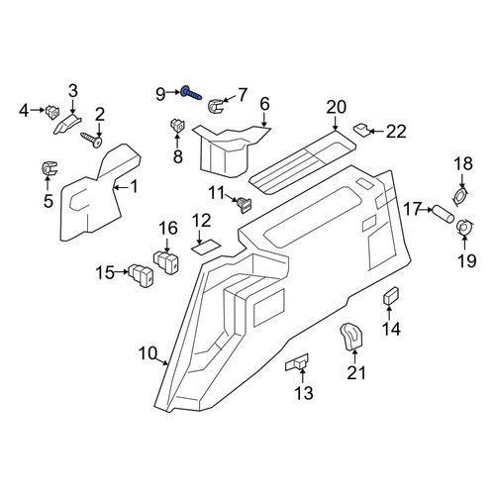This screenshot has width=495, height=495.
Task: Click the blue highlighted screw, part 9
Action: point(191,93)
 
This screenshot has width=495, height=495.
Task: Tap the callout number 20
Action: point(337,107)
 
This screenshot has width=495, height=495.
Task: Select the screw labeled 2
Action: point(91,140)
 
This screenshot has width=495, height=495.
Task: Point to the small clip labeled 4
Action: point(52,112)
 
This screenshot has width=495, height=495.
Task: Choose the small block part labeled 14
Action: point(391,295)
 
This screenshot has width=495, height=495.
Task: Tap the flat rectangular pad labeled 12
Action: point(206,247)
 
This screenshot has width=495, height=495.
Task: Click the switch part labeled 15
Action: point(142,275)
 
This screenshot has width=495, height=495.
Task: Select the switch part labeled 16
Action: point(166,261)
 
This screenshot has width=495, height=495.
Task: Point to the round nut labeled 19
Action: point(464,228)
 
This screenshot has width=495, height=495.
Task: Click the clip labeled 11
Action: point(245,204)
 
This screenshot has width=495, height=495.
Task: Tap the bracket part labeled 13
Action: point(297,363)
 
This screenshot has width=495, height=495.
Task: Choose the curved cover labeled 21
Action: point(350,336)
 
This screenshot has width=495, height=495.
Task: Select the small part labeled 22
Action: point(361,130)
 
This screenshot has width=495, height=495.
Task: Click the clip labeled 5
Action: point(49,168)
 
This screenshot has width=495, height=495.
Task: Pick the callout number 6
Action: point(264,104)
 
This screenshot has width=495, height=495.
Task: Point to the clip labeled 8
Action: point(177,127)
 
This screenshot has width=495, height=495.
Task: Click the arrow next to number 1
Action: point(121,188)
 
